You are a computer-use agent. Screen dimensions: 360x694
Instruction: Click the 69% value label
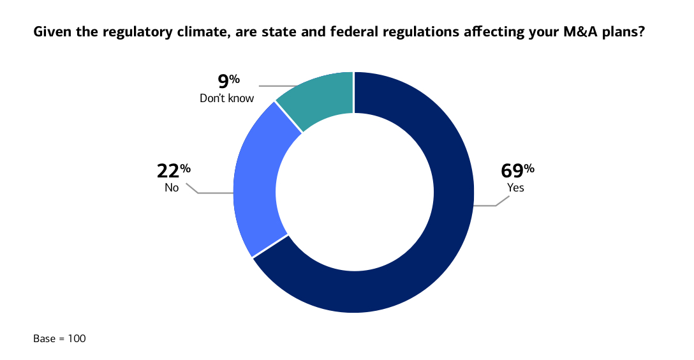pyautogui.click(x=517, y=170)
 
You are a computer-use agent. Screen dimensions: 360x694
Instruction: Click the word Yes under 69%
pyautogui.click(x=515, y=188)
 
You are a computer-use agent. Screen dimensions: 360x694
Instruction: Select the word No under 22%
pyautogui.click(x=172, y=188)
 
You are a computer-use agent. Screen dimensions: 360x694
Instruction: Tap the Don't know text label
pyautogui.click(x=227, y=98)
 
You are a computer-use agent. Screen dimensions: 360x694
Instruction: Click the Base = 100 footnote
pyautogui.click(x=59, y=338)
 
